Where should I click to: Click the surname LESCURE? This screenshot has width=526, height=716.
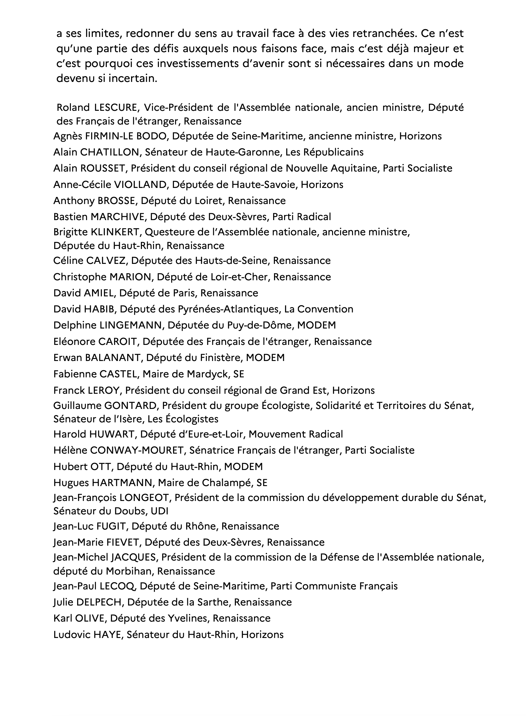(115, 108)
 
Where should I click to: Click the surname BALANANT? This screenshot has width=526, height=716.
(113, 358)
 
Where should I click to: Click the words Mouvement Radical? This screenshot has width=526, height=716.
(295, 434)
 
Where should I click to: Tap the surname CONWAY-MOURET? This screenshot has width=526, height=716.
(137, 451)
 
